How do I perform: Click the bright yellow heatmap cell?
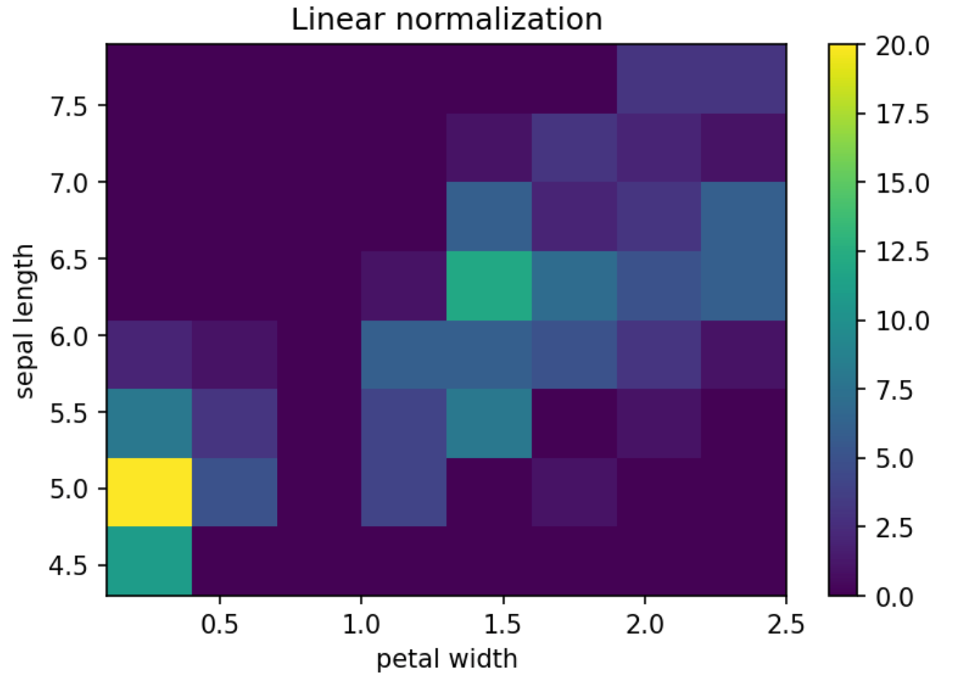click(x=149, y=492)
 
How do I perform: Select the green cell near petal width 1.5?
click(x=488, y=285)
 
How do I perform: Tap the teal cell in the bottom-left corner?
click(x=149, y=561)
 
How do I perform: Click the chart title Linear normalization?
click(x=446, y=19)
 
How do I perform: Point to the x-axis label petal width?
click(x=446, y=658)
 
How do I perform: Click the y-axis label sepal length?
click(x=24, y=321)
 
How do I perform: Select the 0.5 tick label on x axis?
click(x=219, y=624)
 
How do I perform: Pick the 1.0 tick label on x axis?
click(x=361, y=624)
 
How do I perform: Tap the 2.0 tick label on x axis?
click(x=644, y=624)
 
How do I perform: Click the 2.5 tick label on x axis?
click(x=785, y=624)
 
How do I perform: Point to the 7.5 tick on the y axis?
click(x=68, y=106)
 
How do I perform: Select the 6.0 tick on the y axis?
click(x=68, y=336)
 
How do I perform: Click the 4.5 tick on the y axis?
click(x=68, y=566)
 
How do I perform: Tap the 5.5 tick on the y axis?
click(x=68, y=412)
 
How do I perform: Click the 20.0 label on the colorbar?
click(x=902, y=46)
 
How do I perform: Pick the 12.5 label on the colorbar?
click(x=902, y=252)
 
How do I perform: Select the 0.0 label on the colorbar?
click(x=894, y=597)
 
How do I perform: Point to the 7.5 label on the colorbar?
click(x=894, y=390)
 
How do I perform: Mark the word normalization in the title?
click(x=498, y=19)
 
